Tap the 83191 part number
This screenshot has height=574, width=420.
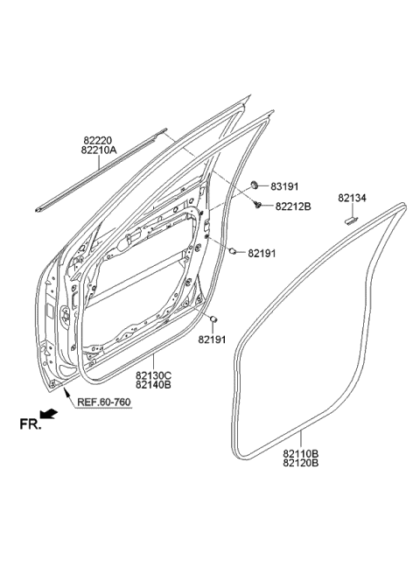tap(284, 186)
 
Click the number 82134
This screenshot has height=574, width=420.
tap(353, 199)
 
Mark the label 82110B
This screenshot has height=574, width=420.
tap(300, 453)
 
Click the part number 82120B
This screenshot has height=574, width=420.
tap(300, 464)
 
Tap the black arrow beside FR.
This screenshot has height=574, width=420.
tap(52, 416)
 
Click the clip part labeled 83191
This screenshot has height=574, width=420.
tap(254, 185)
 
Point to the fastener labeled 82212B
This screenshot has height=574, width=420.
tap(260, 205)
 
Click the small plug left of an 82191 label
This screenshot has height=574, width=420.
tap(234, 253)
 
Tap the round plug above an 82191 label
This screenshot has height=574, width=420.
tap(213, 318)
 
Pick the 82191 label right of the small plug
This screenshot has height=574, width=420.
tap(262, 254)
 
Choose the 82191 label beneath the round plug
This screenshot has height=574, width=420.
tap(212, 339)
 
